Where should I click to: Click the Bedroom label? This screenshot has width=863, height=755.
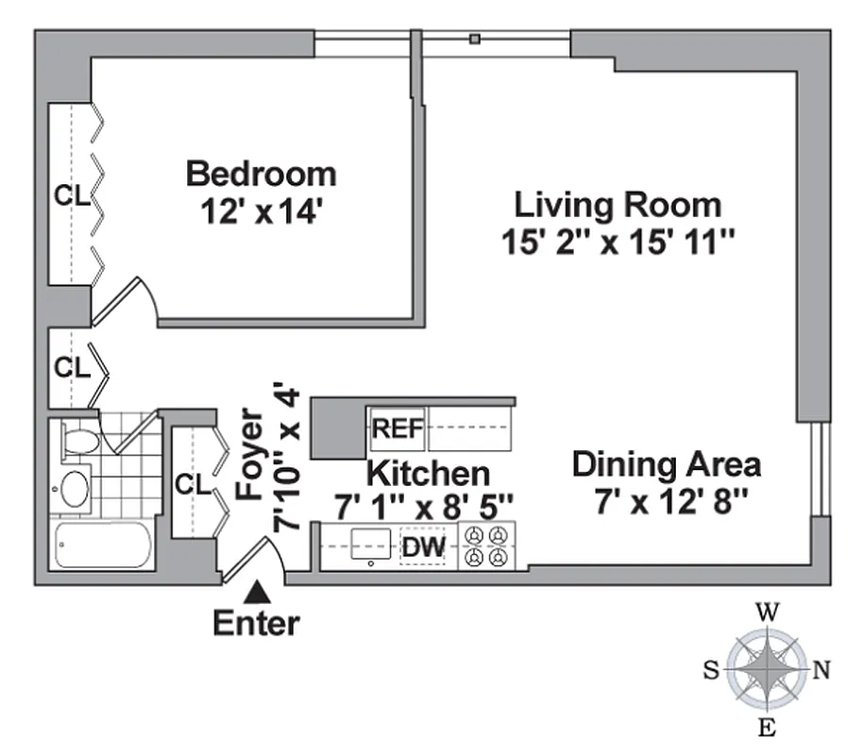pos(261,174)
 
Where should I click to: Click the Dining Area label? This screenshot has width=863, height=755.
pos(667,465)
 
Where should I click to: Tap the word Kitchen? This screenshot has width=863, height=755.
pos(428,472)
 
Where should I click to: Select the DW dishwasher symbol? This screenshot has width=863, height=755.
pos(422,546)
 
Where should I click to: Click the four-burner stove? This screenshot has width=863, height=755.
pos(486,546)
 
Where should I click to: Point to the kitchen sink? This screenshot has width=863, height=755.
pos(370,545)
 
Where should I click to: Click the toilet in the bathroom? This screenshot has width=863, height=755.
pos(79,441)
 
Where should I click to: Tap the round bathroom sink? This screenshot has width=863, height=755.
pos(74,489)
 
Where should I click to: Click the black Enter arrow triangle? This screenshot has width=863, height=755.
pos(257,593)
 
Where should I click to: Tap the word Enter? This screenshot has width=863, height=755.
pos(256,623)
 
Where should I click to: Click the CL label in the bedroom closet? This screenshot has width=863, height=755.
pos(71,196)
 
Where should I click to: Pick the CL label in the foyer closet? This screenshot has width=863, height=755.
pos(193,484)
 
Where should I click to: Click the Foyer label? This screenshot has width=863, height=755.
pos(248,454)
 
